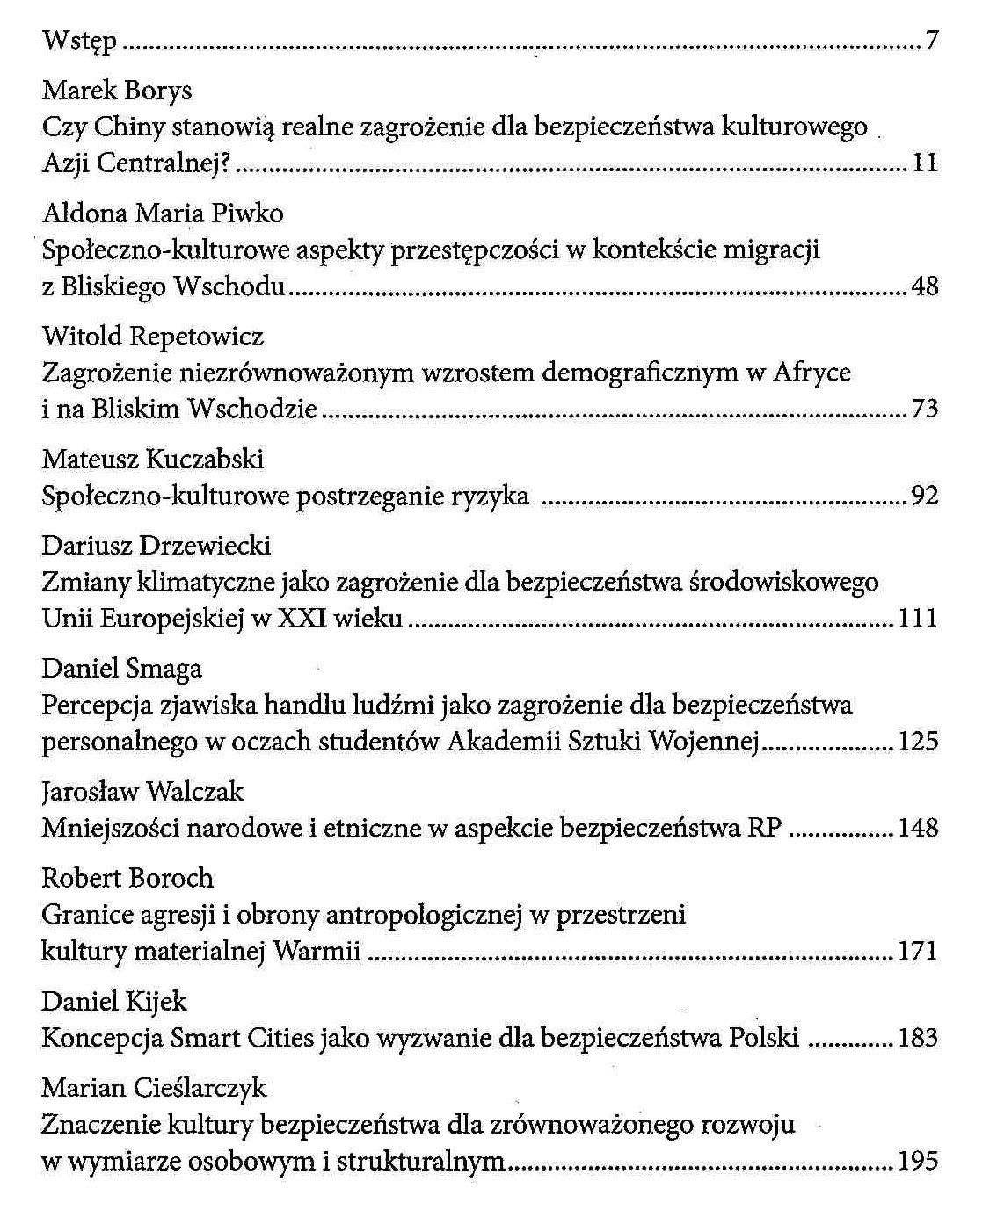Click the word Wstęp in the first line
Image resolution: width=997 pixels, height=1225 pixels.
click(x=79, y=41)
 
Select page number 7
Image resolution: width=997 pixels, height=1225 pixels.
click(x=932, y=40)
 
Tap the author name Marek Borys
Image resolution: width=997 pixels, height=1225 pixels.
click(x=117, y=91)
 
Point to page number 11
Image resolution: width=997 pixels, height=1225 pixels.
click(x=926, y=163)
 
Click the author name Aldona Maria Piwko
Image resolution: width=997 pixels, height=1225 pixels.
click(x=163, y=214)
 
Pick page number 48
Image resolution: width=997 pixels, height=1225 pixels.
click(x=926, y=286)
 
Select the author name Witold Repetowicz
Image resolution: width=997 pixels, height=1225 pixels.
click(x=153, y=337)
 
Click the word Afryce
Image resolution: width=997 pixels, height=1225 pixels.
click(x=811, y=373)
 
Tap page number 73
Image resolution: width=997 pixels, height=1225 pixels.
click(x=926, y=409)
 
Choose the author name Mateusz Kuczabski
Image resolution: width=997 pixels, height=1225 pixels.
click(x=153, y=460)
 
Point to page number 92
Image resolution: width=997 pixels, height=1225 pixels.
click(x=926, y=497)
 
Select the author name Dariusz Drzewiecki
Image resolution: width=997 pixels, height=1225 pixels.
click(x=156, y=546)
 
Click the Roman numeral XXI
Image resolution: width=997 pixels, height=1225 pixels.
click(x=300, y=619)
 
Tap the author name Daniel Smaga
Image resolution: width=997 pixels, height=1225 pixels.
click(x=122, y=669)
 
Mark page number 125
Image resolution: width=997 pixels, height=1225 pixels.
click(x=919, y=741)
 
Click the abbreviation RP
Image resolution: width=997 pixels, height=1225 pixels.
click(x=763, y=828)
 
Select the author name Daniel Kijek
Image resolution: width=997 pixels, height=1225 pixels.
click(x=114, y=1002)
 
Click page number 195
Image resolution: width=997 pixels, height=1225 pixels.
click(x=919, y=1162)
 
